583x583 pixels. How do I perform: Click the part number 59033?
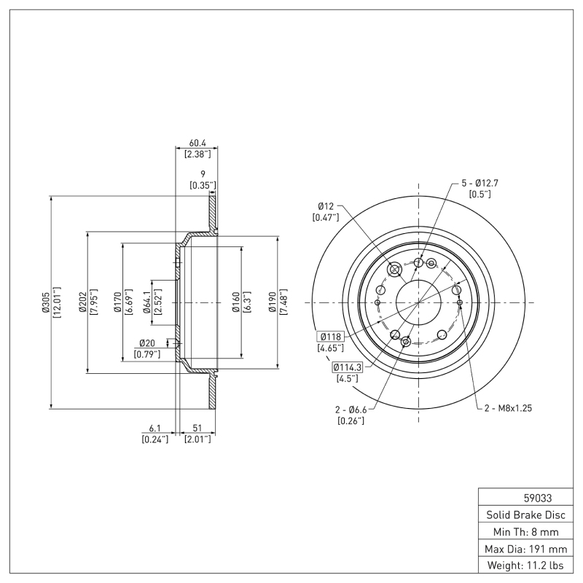(x=538, y=499)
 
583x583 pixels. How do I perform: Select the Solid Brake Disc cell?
(x=525, y=515)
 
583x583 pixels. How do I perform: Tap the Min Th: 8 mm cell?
(x=525, y=532)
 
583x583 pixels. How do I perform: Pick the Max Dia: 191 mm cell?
(x=525, y=549)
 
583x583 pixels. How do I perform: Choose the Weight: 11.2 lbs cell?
(x=525, y=566)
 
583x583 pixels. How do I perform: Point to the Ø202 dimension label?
(x=83, y=302)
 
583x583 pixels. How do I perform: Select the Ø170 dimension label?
(x=117, y=302)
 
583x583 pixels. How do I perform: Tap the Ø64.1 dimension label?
(x=146, y=302)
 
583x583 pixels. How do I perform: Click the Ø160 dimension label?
(x=236, y=302)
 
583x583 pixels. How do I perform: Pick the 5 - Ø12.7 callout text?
(x=480, y=183)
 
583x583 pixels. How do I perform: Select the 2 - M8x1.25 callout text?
(x=508, y=408)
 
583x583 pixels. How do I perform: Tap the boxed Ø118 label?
(x=330, y=337)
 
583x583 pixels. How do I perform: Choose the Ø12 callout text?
(x=325, y=206)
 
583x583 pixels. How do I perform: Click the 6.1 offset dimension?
(x=154, y=429)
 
